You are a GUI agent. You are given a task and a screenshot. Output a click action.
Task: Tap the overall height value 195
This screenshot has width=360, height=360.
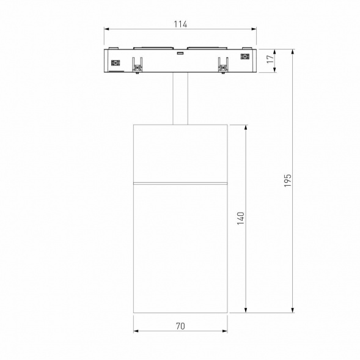point(288,180)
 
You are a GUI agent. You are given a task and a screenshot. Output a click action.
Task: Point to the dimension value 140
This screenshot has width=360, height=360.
point(240,219)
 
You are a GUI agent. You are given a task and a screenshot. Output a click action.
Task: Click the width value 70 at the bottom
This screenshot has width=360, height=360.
point(180,326)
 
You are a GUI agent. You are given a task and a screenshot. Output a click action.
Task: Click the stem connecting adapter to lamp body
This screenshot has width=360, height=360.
point(180,98)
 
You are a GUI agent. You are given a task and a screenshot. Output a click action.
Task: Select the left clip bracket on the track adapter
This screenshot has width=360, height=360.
point(138,64)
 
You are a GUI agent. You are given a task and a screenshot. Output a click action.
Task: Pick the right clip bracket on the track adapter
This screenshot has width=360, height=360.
point(222,64)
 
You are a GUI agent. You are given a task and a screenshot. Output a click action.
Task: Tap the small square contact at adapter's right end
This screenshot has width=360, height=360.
point(246,58)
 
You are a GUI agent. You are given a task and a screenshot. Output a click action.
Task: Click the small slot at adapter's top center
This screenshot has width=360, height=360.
point(180,53)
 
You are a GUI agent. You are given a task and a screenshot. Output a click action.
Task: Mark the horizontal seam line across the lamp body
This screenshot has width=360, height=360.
point(180,183)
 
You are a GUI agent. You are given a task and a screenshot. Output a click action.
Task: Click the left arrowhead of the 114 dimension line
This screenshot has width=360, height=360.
point(106,29)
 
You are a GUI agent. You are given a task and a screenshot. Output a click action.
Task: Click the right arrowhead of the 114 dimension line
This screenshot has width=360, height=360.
point(254,29)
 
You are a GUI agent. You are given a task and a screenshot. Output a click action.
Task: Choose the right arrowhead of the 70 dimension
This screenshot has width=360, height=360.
point(225,332)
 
